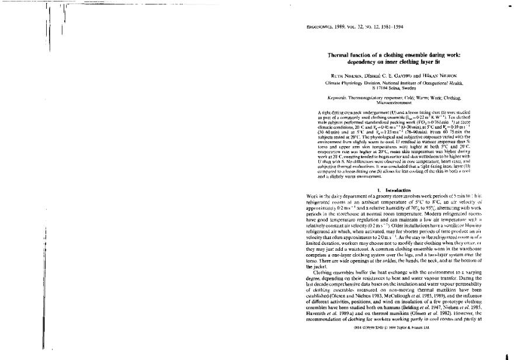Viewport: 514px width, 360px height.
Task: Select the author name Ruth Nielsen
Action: coord(331,74)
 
